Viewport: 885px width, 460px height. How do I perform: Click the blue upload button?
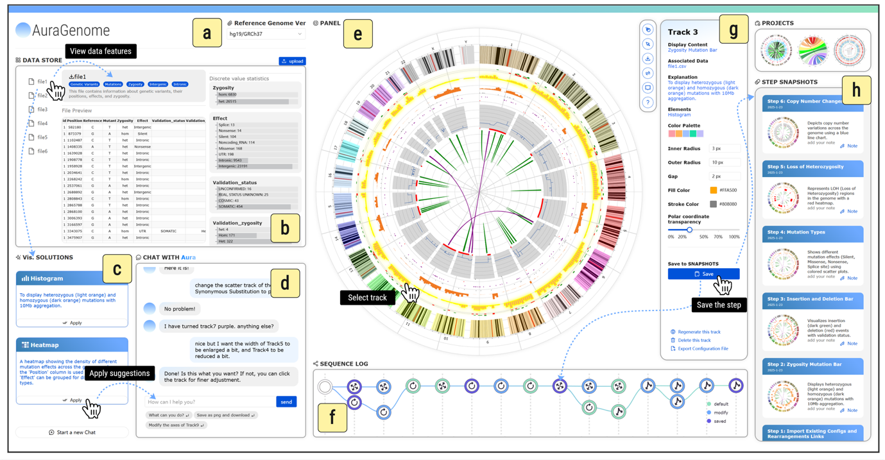(292, 61)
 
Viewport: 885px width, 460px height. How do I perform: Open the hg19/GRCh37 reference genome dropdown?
(265, 34)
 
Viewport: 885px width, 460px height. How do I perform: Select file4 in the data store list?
(42, 123)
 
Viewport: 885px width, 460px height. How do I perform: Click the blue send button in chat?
(286, 402)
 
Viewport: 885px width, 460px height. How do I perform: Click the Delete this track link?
(694, 340)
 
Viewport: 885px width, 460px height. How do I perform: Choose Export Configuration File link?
(703, 348)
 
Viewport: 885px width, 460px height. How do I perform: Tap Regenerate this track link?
(699, 332)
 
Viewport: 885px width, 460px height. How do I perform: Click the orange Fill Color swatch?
(713, 191)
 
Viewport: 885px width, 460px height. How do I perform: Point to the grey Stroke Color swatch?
(713, 204)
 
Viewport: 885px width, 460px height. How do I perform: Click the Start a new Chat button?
(72, 432)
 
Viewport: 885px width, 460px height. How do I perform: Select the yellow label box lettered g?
(733, 29)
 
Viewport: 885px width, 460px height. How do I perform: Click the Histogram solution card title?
(46, 278)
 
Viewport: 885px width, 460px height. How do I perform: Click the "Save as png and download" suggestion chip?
(225, 415)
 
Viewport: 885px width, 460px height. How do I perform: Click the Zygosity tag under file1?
(135, 84)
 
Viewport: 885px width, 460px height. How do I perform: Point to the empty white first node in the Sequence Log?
(325, 386)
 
